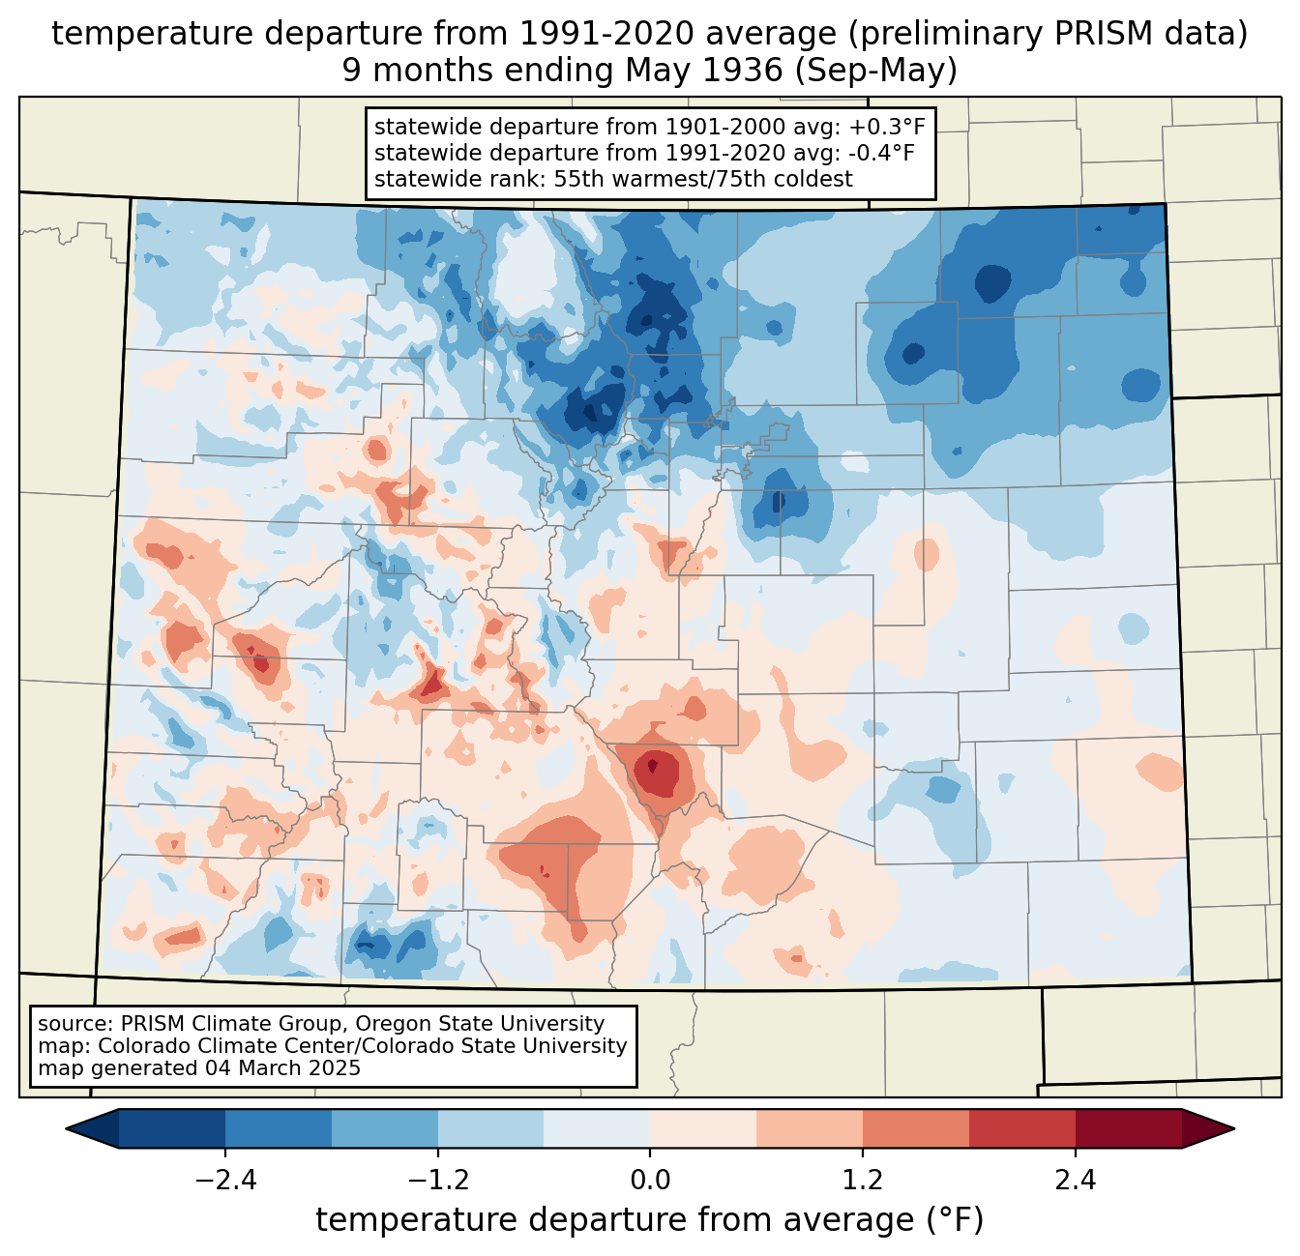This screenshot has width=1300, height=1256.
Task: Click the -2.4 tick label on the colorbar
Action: click(224, 1181)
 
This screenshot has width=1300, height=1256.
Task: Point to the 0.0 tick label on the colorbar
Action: click(650, 1181)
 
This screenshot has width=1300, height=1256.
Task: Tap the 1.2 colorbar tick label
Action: click(863, 1181)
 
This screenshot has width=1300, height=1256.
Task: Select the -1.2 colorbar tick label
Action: click(437, 1181)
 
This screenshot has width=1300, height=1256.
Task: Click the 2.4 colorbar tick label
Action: click(1076, 1181)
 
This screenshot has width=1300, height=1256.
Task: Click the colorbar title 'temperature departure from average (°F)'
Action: click(650, 1220)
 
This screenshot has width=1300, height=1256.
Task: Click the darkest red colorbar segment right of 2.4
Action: click(1128, 1128)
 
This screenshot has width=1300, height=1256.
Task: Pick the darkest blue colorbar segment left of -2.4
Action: click(172, 1128)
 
